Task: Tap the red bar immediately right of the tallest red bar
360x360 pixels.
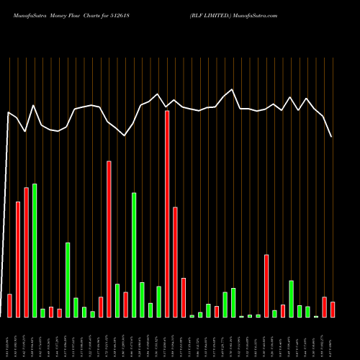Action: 175,262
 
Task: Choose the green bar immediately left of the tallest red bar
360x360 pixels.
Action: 158,302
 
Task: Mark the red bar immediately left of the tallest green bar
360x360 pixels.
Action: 26,252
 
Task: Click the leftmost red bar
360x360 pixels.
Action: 9,305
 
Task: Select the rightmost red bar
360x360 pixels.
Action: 333,310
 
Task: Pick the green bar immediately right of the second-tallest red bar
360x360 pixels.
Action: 117,301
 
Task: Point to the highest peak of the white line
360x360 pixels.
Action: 232,89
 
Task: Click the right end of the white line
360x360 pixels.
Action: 331,137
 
